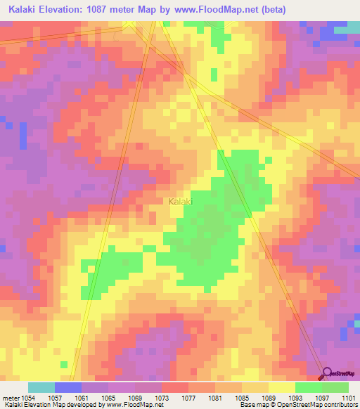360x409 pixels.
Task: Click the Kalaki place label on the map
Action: point(181,202)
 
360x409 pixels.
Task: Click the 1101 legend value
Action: point(349,397)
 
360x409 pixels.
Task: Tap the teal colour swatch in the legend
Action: point(41,387)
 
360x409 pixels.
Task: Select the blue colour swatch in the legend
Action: point(68,387)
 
